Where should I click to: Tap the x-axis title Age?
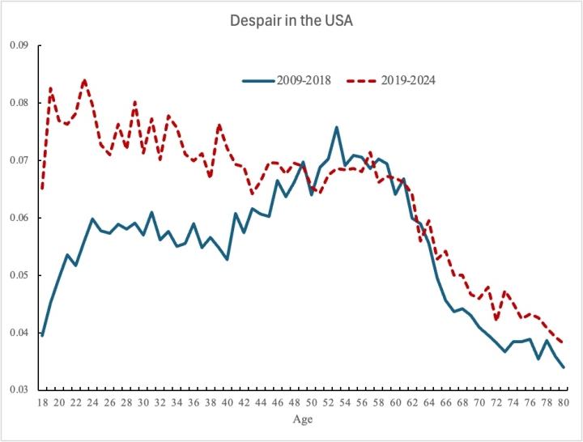[x=302, y=419]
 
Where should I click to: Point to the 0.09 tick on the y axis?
[x=19, y=45]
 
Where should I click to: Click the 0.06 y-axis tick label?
[x=19, y=218]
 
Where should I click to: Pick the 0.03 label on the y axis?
[x=19, y=390]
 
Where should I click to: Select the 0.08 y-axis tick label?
[x=19, y=103]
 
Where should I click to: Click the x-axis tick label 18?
[x=42, y=402]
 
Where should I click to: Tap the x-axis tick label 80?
[x=563, y=402]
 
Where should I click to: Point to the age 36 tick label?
[x=194, y=402]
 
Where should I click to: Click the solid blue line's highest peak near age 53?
[x=336, y=127]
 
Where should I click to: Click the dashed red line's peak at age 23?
[x=84, y=80]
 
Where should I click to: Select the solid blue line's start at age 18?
[x=42, y=335]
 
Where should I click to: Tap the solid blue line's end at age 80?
[x=563, y=368]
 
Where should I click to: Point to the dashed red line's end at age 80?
[x=563, y=342]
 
